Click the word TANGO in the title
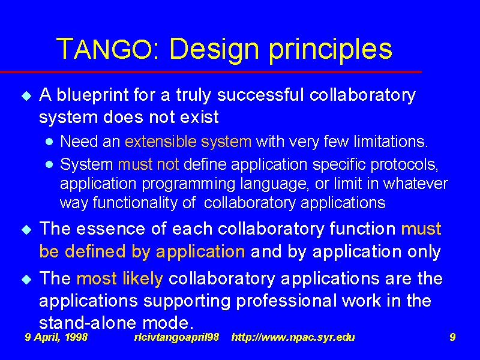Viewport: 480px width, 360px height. [x=104, y=49]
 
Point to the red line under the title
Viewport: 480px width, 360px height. [x=211, y=72]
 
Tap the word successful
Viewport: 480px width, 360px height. [x=260, y=95]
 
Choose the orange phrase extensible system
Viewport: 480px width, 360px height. [x=188, y=142]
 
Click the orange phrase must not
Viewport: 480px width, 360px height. [x=148, y=164]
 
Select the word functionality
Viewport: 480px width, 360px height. [x=135, y=203]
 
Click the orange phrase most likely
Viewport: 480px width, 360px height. [x=119, y=279]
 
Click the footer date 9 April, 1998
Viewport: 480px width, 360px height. [x=56, y=337]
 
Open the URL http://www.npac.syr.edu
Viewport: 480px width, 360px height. [x=293, y=337]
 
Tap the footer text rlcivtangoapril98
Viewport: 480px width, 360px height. [x=176, y=337]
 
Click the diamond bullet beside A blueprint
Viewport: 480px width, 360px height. [x=26, y=96]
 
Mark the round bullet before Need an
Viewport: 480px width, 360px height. [x=49, y=142]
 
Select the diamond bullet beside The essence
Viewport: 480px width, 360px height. [x=26, y=230]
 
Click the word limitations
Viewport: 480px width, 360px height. [x=391, y=142]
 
